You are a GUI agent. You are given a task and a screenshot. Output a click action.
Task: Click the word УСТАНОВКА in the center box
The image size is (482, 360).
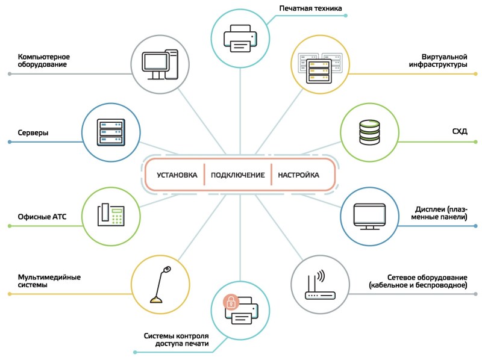pos(177,175)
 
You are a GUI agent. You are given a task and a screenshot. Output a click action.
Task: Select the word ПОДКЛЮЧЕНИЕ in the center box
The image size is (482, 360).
pos(238,175)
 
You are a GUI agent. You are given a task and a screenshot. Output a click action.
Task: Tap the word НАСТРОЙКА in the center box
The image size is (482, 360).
pos(298,175)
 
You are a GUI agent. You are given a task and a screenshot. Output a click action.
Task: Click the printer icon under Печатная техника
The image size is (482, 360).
pos(240,37)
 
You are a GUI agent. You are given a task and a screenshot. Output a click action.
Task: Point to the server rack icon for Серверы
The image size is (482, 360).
pos(111,132)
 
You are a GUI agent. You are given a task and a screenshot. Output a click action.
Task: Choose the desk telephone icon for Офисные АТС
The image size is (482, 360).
pos(111,215)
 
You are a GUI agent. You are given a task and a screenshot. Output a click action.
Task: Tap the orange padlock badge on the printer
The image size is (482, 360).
pos(230,302)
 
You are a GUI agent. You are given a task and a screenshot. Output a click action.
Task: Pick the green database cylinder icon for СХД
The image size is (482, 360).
pos(369,132)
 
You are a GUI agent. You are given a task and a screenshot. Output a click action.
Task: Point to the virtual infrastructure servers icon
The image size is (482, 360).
pos(319,65)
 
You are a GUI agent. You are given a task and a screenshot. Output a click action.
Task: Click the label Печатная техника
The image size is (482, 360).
pos(310,8)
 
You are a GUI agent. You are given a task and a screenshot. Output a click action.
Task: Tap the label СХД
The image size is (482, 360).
pos(459,131)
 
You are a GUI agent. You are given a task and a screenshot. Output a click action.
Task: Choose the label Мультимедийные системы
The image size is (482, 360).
pos(49,281)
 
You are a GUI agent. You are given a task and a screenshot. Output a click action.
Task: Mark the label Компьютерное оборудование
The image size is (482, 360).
pos(46,60)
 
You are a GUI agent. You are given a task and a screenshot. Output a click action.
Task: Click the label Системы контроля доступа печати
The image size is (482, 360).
pos(177,340)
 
